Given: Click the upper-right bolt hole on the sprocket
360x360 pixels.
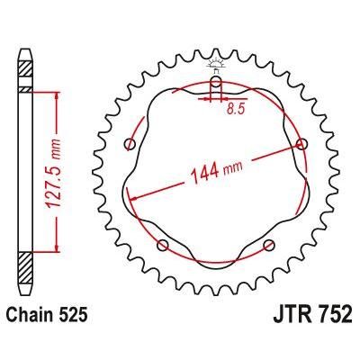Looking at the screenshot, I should click(300, 144).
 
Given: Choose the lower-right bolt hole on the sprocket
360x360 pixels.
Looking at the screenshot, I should click(267, 246).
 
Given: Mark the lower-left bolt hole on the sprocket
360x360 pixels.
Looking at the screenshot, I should click(162, 246).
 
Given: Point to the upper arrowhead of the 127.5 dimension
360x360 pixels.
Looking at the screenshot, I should click(58, 93).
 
